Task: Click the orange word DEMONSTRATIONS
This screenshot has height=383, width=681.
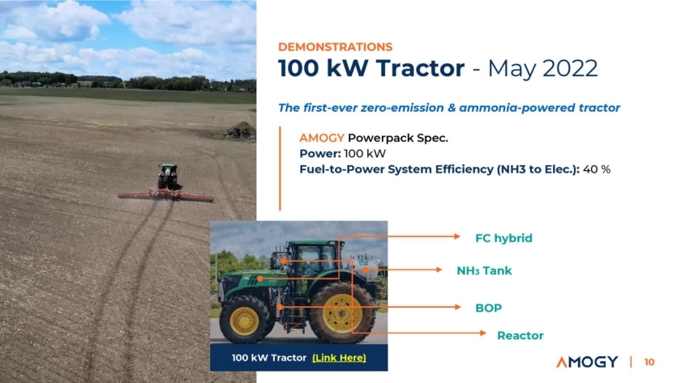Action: point(336,47)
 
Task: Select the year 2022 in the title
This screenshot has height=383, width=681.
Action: point(570,69)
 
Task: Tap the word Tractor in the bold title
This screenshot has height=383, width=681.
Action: point(420,68)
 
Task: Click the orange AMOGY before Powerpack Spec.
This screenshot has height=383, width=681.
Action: point(321,138)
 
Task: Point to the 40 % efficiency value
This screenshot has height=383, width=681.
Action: point(597,169)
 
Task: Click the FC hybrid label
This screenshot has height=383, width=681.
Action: point(503,238)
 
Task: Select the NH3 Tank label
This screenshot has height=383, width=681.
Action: point(484,270)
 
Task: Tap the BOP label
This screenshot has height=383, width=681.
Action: point(489,308)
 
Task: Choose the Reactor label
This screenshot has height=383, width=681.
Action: point(520,335)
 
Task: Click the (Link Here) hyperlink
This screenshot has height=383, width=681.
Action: point(339,358)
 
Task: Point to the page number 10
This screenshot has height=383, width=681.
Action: point(649,362)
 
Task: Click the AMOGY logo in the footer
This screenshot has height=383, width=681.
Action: point(587,362)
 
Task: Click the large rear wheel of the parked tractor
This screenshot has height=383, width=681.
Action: point(342,312)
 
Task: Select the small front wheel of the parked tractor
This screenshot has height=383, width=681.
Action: point(245,320)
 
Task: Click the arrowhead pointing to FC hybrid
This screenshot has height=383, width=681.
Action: point(457,236)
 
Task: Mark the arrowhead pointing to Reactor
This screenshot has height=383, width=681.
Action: point(483,333)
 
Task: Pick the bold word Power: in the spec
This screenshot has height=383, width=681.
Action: point(320,154)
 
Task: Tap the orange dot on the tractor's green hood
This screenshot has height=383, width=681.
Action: point(259,279)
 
